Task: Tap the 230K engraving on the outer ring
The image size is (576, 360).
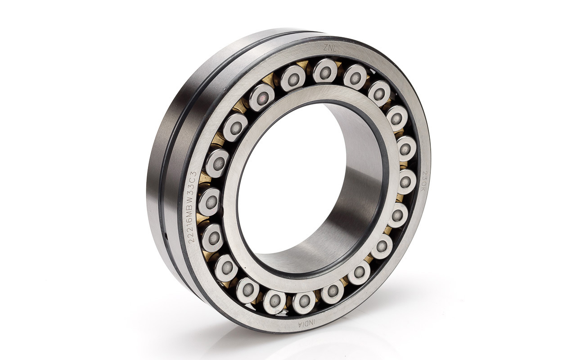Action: click(424, 181)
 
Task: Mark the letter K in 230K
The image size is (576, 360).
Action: click(424, 189)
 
